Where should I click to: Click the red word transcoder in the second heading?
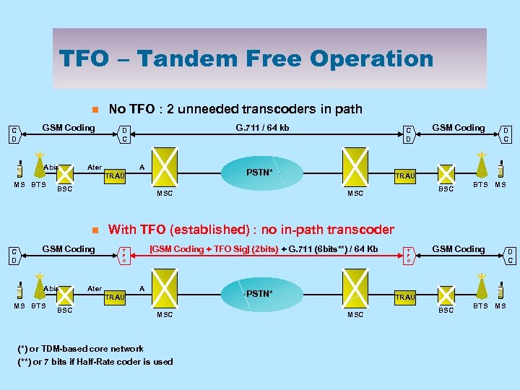click(358, 230)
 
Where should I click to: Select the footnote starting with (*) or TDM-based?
click(81, 349)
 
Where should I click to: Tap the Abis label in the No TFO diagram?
click(51, 168)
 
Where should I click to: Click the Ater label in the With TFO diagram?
click(95, 288)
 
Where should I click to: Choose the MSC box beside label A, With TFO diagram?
click(165, 293)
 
